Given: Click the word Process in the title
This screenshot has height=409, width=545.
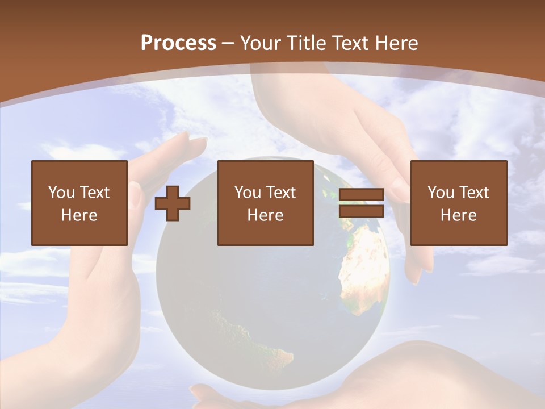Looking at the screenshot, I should (178, 43).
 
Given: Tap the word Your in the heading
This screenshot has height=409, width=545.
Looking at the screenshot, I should (260, 43).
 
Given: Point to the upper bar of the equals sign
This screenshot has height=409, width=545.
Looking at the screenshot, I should (361, 195).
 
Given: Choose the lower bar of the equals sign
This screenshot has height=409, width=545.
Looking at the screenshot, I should (361, 211).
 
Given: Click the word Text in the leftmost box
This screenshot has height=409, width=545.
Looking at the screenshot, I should (95, 193).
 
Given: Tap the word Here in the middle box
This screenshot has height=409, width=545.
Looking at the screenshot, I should (265, 215).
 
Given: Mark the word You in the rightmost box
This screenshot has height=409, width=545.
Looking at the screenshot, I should (441, 193).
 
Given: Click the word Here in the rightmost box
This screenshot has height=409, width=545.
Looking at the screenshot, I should (458, 215).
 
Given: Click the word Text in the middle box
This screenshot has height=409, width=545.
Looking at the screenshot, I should (281, 193).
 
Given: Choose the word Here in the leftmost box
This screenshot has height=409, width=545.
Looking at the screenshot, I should (79, 215).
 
